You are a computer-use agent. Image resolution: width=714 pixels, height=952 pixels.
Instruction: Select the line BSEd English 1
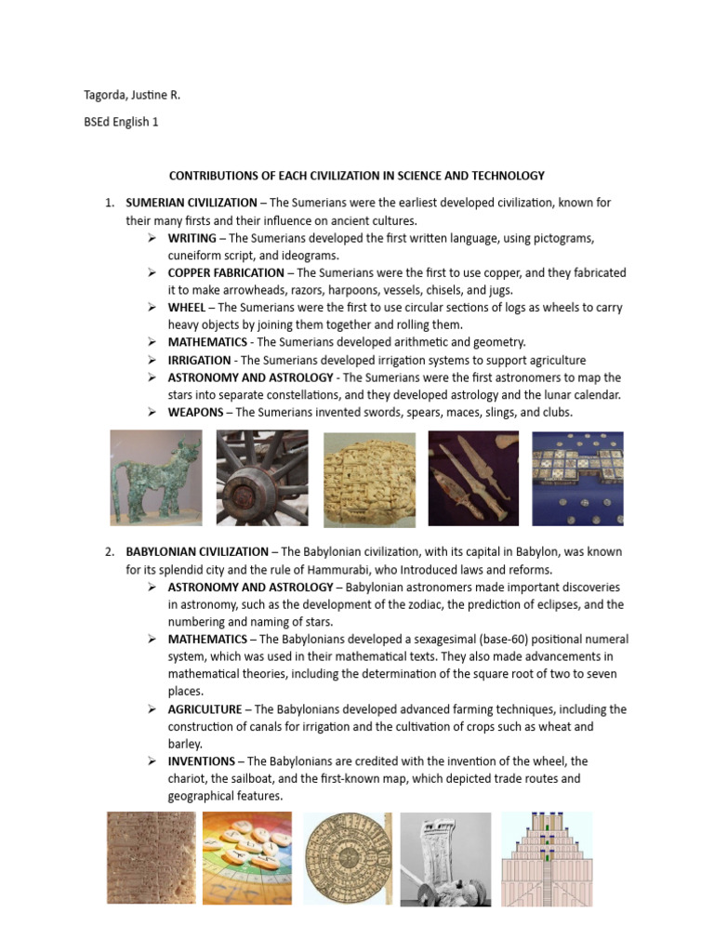(x=121, y=122)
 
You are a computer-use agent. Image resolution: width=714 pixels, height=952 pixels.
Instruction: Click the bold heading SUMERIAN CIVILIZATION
(x=192, y=203)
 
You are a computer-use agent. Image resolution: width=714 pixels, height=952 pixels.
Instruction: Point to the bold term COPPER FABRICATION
(x=226, y=272)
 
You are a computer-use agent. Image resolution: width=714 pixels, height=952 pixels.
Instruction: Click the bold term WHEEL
(x=187, y=308)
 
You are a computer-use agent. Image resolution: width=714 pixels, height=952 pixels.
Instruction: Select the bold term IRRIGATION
(x=200, y=360)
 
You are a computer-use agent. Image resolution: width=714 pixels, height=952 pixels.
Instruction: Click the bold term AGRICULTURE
(x=205, y=709)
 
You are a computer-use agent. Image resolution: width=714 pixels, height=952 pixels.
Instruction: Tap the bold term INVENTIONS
(x=201, y=761)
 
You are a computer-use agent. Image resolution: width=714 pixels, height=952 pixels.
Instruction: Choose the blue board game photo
(x=577, y=478)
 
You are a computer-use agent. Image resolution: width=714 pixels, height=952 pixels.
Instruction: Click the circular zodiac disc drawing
(x=348, y=859)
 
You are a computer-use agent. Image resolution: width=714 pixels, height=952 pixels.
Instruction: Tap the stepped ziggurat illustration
(x=547, y=859)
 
